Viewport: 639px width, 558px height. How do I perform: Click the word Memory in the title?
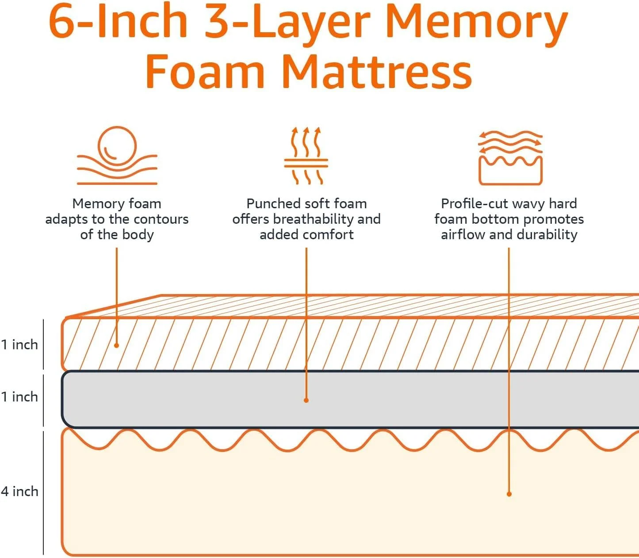[x=476, y=22]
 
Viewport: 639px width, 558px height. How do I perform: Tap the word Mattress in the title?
[x=377, y=72]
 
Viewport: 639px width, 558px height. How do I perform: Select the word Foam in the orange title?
[x=205, y=72]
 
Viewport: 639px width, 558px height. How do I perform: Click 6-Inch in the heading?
[x=119, y=22]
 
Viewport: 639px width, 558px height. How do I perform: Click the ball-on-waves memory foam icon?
[x=117, y=156]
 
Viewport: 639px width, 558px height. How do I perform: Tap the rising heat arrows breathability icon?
[x=306, y=156]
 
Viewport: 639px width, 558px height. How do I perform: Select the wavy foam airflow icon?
[x=510, y=157]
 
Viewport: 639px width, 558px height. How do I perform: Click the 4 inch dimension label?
[x=19, y=491]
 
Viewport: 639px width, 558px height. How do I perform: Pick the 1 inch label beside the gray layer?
[x=19, y=397]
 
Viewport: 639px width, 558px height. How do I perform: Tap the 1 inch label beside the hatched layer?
[x=19, y=344]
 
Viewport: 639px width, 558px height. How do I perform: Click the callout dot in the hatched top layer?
[x=117, y=345]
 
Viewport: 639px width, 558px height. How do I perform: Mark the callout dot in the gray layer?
[x=306, y=400]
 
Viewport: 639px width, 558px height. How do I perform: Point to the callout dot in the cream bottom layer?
[x=509, y=494]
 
